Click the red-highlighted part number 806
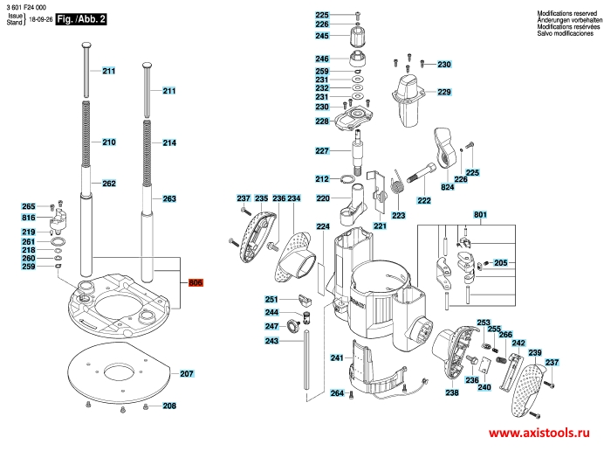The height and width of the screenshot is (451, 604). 196,283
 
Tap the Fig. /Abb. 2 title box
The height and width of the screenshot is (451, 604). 81,19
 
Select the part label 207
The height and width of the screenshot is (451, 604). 187,373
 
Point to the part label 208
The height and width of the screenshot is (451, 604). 169,406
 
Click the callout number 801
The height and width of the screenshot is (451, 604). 480,214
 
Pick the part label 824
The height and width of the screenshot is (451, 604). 447,187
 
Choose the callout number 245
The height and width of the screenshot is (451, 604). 322,36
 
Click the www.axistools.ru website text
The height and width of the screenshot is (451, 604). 539,433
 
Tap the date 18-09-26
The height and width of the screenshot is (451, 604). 41,19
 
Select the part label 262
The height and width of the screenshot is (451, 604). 109,184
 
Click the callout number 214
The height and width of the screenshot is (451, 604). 169,142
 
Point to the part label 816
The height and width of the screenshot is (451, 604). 29,218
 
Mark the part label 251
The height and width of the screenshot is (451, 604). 271,300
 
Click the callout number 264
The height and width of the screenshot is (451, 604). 337,393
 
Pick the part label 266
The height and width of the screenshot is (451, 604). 505,335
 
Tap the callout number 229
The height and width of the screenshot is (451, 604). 444,92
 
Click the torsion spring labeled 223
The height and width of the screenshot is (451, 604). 397,182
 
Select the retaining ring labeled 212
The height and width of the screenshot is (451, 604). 348,179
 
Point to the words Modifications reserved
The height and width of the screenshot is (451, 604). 567,13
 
